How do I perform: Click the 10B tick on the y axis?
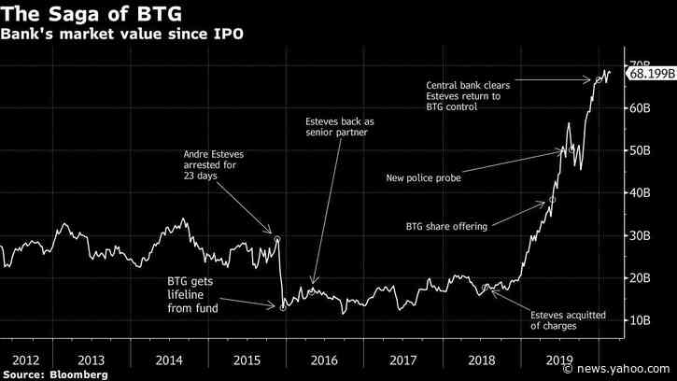638,320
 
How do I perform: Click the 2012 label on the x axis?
26,359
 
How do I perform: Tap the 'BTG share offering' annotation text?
445,226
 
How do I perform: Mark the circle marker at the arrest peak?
277,239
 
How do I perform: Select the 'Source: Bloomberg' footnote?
54,374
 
